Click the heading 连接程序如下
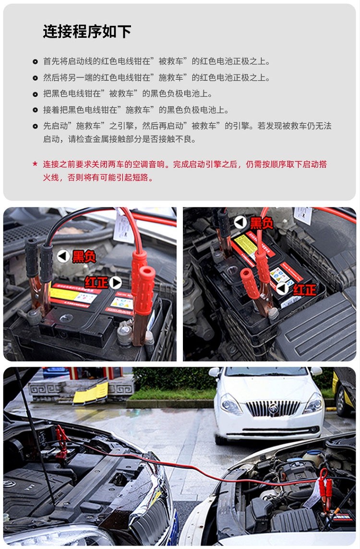click(87, 32)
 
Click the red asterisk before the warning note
click(35, 164)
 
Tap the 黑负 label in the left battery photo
click(84, 257)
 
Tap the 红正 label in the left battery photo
click(96, 282)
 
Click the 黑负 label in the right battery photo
click(262, 223)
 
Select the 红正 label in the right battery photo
click(305, 289)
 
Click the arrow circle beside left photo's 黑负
click(63, 256)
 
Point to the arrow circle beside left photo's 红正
click(116, 282)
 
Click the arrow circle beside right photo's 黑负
click(240, 222)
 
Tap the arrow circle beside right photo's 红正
click(283, 289)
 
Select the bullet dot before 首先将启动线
click(35, 62)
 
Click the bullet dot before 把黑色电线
click(35, 94)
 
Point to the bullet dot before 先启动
click(35, 126)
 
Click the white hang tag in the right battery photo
click(303, 215)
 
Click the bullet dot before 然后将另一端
click(35, 78)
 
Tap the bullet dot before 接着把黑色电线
click(35, 110)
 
